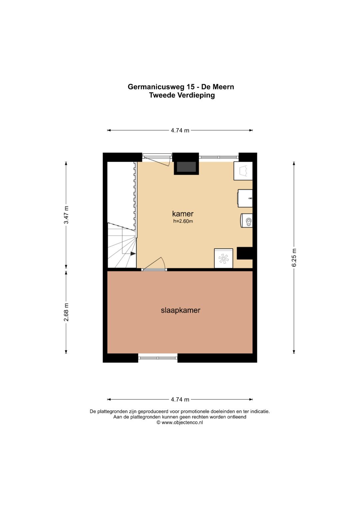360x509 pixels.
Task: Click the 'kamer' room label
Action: point(183,214)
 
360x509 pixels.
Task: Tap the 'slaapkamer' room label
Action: point(180,310)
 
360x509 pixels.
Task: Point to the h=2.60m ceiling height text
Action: point(183,221)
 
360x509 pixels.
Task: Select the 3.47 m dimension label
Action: point(66,215)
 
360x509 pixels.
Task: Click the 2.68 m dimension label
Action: point(66,312)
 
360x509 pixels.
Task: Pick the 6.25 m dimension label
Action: point(294,257)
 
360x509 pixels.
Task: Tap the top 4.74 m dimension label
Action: point(180,130)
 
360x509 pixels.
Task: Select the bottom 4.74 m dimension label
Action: point(180,399)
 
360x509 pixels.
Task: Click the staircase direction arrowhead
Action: point(133,254)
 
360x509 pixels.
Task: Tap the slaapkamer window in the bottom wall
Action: point(158,358)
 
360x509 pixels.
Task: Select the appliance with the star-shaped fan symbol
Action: point(224,258)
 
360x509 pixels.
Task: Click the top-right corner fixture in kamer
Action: point(243,171)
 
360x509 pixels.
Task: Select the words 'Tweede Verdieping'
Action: point(182,95)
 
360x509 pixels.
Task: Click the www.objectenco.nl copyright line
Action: point(180,422)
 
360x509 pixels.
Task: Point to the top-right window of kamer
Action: point(219,157)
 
